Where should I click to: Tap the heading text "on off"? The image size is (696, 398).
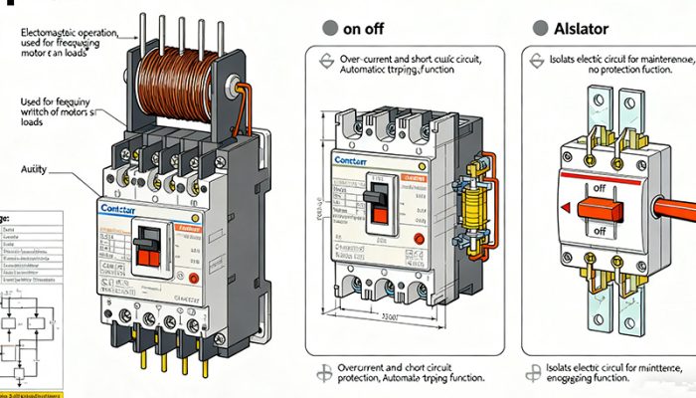click(365, 29)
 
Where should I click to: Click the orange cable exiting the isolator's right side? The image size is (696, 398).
click(676, 208)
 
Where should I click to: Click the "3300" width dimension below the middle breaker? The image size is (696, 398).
click(391, 316)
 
